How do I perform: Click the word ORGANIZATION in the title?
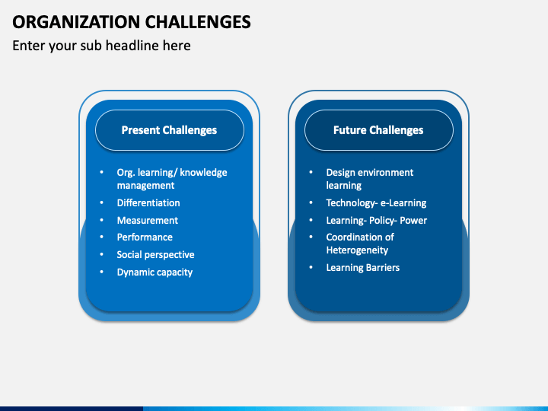[x=76, y=22]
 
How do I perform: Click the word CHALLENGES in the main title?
[x=198, y=22]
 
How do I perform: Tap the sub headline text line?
[x=101, y=46]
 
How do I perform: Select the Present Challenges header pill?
[x=170, y=130]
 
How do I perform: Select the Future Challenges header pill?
[x=379, y=130]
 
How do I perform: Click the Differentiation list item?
[x=148, y=202]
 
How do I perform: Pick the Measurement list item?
[x=148, y=220]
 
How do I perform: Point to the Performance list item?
[x=145, y=237]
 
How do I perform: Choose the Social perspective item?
[x=155, y=255]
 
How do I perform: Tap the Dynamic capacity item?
[x=155, y=272]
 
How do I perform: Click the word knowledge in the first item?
[x=203, y=172]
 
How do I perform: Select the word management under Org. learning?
[x=145, y=186]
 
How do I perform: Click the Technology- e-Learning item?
[x=377, y=203]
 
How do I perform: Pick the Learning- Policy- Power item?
[x=377, y=221]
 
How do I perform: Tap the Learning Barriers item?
[x=363, y=268]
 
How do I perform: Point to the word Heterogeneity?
[x=357, y=250]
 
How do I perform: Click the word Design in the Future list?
[x=340, y=173]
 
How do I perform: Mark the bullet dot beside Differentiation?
[x=102, y=202]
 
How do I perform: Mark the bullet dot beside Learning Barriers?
[x=311, y=267]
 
